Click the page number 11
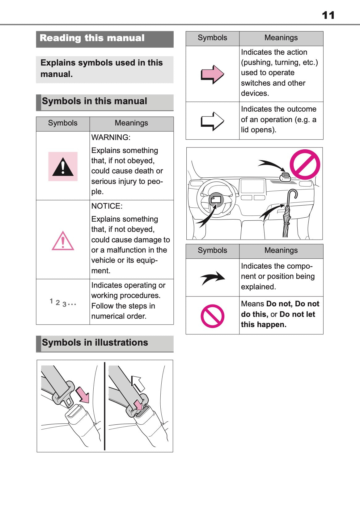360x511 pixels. click(x=328, y=15)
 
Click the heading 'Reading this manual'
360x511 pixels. click(x=92, y=38)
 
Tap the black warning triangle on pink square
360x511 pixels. click(x=63, y=167)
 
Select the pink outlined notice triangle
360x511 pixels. click(x=63, y=241)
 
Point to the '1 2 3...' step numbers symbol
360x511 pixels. click(x=63, y=303)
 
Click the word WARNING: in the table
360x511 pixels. click(x=111, y=138)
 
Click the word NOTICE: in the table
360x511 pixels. click(x=107, y=206)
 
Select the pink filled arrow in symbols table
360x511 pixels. click(x=212, y=74)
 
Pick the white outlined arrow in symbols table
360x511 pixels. click(x=212, y=121)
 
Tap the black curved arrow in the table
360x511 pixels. click(x=213, y=278)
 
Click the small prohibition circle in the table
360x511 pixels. click(x=212, y=316)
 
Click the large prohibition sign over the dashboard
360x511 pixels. click(x=305, y=164)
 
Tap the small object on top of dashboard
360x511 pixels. click(x=285, y=177)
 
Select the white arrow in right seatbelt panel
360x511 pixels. click(x=138, y=383)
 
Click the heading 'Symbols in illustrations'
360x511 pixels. click(x=95, y=343)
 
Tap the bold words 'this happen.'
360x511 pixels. click(x=264, y=325)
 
